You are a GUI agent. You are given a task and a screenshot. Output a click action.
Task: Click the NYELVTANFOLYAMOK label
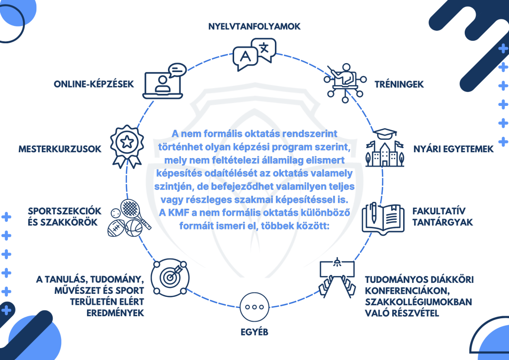254,26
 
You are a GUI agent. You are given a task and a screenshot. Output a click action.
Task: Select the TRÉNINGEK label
399,85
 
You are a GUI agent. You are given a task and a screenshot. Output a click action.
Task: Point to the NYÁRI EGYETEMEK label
453,149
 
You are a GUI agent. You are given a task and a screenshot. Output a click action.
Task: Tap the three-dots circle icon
254,307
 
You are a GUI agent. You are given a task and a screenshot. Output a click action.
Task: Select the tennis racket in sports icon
132,209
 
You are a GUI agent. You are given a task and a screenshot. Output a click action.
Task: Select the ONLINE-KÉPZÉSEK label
94,84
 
